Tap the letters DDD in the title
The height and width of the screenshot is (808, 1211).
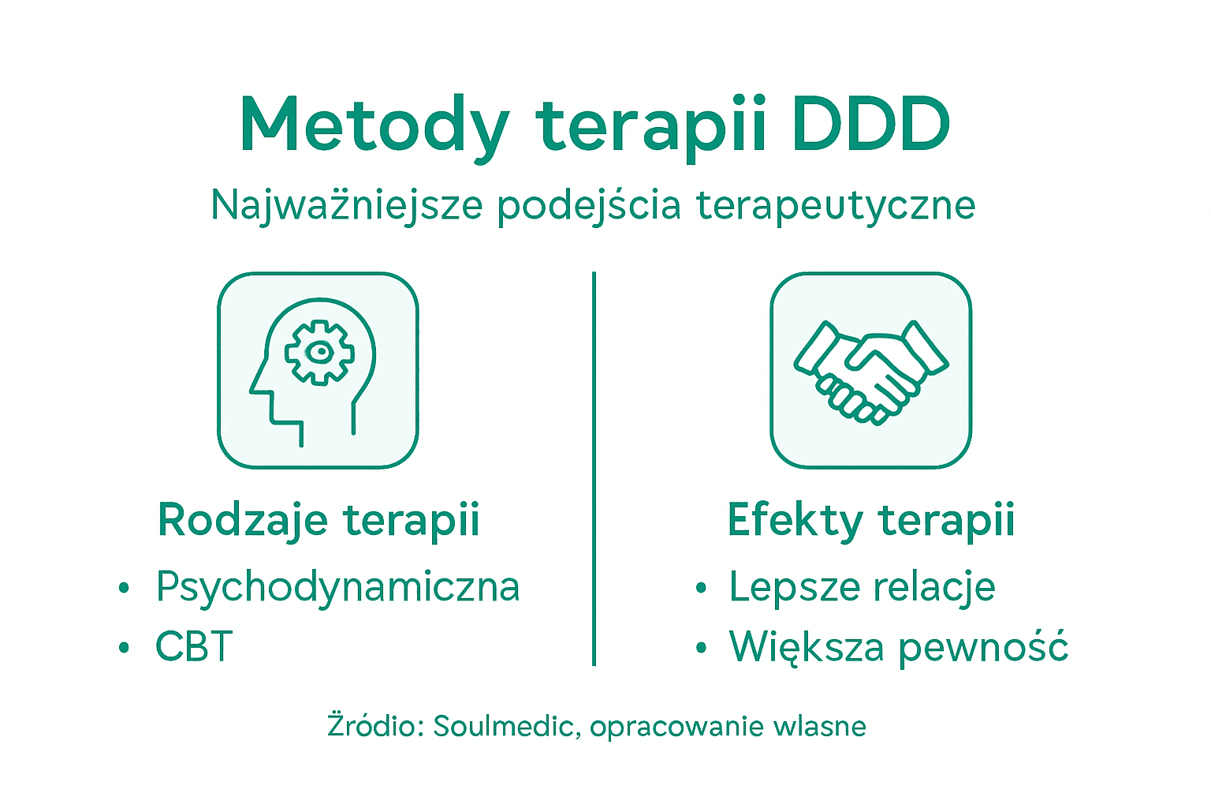(x=871, y=125)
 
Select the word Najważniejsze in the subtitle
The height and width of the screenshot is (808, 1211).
(x=346, y=206)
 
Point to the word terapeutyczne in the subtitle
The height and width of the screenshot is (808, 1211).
(x=836, y=206)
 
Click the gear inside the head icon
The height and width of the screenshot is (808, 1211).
(x=319, y=352)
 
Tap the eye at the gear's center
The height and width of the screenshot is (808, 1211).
(x=319, y=352)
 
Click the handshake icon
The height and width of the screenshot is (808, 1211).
(x=870, y=370)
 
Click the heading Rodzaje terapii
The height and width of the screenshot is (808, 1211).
(x=319, y=520)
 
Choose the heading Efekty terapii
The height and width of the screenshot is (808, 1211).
(x=870, y=520)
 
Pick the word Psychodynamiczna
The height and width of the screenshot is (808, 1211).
(x=337, y=587)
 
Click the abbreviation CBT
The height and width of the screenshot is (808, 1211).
(x=194, y=647)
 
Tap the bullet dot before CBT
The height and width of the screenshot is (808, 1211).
(x=124, y=648)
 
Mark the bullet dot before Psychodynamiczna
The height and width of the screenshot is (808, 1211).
(x=124, y=588)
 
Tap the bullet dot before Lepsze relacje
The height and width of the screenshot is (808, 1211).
(x=701, y=588)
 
